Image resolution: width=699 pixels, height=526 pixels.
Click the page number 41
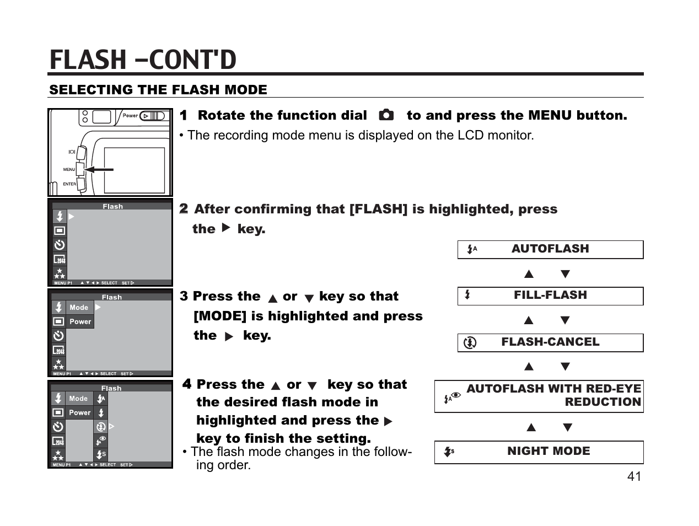634,476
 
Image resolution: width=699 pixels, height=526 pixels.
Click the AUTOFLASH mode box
550,249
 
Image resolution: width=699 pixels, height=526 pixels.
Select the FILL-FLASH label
550,296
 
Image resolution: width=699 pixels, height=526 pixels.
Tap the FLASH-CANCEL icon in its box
470,343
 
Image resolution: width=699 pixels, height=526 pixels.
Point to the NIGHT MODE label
548,452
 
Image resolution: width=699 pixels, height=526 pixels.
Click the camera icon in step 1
386,115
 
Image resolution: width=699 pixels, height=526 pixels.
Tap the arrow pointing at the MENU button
99,170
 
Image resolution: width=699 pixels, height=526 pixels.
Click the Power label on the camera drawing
130,116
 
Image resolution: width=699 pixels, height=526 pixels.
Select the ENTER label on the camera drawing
69,184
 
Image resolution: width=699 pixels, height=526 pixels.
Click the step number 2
184,209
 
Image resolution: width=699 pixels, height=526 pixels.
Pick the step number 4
187,384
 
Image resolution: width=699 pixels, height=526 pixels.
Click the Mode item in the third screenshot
79,308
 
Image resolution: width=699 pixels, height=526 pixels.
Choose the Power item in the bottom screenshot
79,412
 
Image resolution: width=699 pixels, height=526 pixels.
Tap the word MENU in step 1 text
550,116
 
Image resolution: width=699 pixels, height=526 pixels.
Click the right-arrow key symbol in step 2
225,228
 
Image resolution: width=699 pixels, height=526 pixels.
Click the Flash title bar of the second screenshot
112,206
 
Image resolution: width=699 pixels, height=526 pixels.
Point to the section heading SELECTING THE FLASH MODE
158,90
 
